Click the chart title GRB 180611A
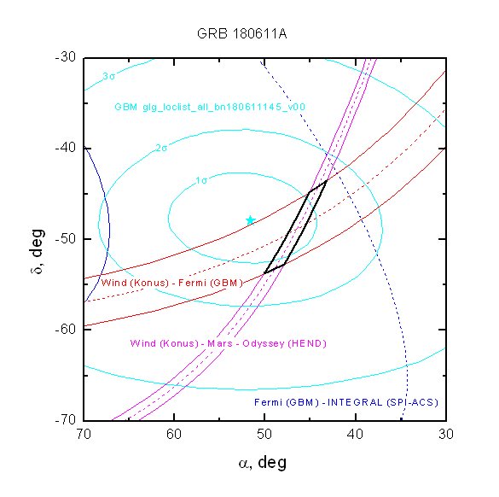(242, 33)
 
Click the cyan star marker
(251, 220)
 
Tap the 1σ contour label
(201, 181)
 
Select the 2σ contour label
(161, 148)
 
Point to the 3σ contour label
(109, 76)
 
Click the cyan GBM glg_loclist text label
(210, 107)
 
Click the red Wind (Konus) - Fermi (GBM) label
(172, 283)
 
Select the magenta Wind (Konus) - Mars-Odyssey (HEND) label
(229, 343)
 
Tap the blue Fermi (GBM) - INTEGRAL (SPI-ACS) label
(346, 402)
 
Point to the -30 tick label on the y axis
(66, 57)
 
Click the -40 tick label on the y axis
(66, 148)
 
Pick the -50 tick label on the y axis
(66, 238)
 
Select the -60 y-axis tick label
(66, 329)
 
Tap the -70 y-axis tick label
(66, 419)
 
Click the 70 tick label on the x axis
(84, 434)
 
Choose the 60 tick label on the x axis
(174, 434)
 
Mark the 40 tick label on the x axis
(355, 434)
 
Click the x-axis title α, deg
(263, 463)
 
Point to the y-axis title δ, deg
(38, 251)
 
